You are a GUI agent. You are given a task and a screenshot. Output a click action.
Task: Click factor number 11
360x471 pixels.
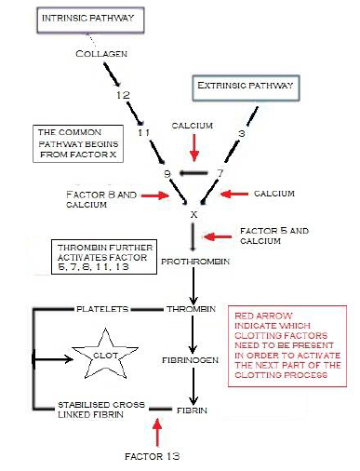coord(143,133)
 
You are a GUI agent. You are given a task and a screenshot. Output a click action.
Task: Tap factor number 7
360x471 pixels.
coord(220,172)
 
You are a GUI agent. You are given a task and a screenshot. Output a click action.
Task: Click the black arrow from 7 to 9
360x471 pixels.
coord(193,173)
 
